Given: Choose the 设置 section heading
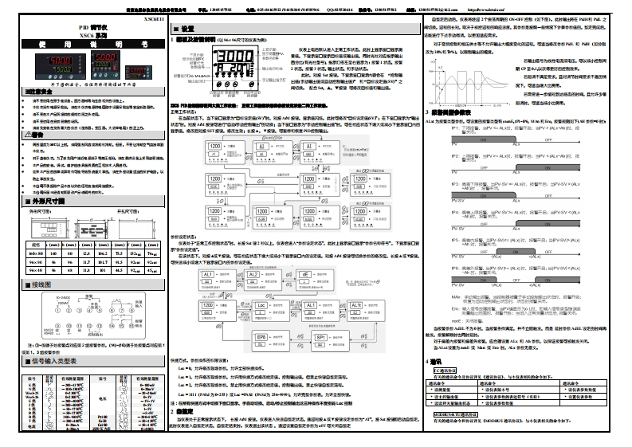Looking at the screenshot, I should point(184,28).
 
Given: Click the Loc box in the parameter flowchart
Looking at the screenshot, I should point(261,305).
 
